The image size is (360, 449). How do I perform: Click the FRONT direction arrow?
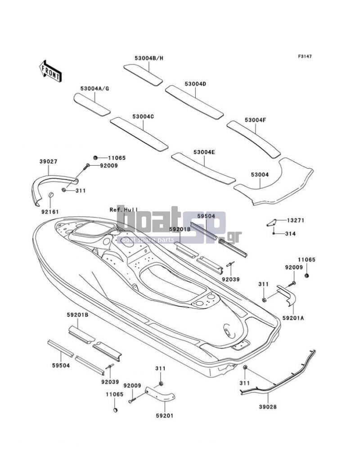pyautogui.click(x=50, y=71)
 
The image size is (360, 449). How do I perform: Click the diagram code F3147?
pyautogui.click(x=305, y=56)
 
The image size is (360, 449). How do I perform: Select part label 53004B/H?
pyautogui.click(x=149, y=58)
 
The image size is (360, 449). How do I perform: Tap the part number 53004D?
pyautogui.click(x=195, y=84)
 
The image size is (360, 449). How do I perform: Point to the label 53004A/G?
pyautogui.click(x=94, y=88)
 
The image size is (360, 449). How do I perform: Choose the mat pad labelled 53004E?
pyautogui.click(x=203, y=168)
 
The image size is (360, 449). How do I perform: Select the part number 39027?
pyautogui.click(x=48, y=162)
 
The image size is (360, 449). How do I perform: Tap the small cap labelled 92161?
pyautogui.click(x=50, y=195)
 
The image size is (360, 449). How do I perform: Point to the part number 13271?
pyautogui.click(x=296, y=221)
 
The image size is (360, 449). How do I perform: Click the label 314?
pyautogui.click(x=290, y=234)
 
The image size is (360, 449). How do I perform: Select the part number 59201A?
pyautogui.click(x=293, y=318)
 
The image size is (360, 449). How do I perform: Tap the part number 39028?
pyautogui.click(x=268, y=407)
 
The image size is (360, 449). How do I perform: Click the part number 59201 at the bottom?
pyautogui.click(x=165, y=416)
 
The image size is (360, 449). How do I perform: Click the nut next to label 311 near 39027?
pyautogui.click(x=64, y=190)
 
